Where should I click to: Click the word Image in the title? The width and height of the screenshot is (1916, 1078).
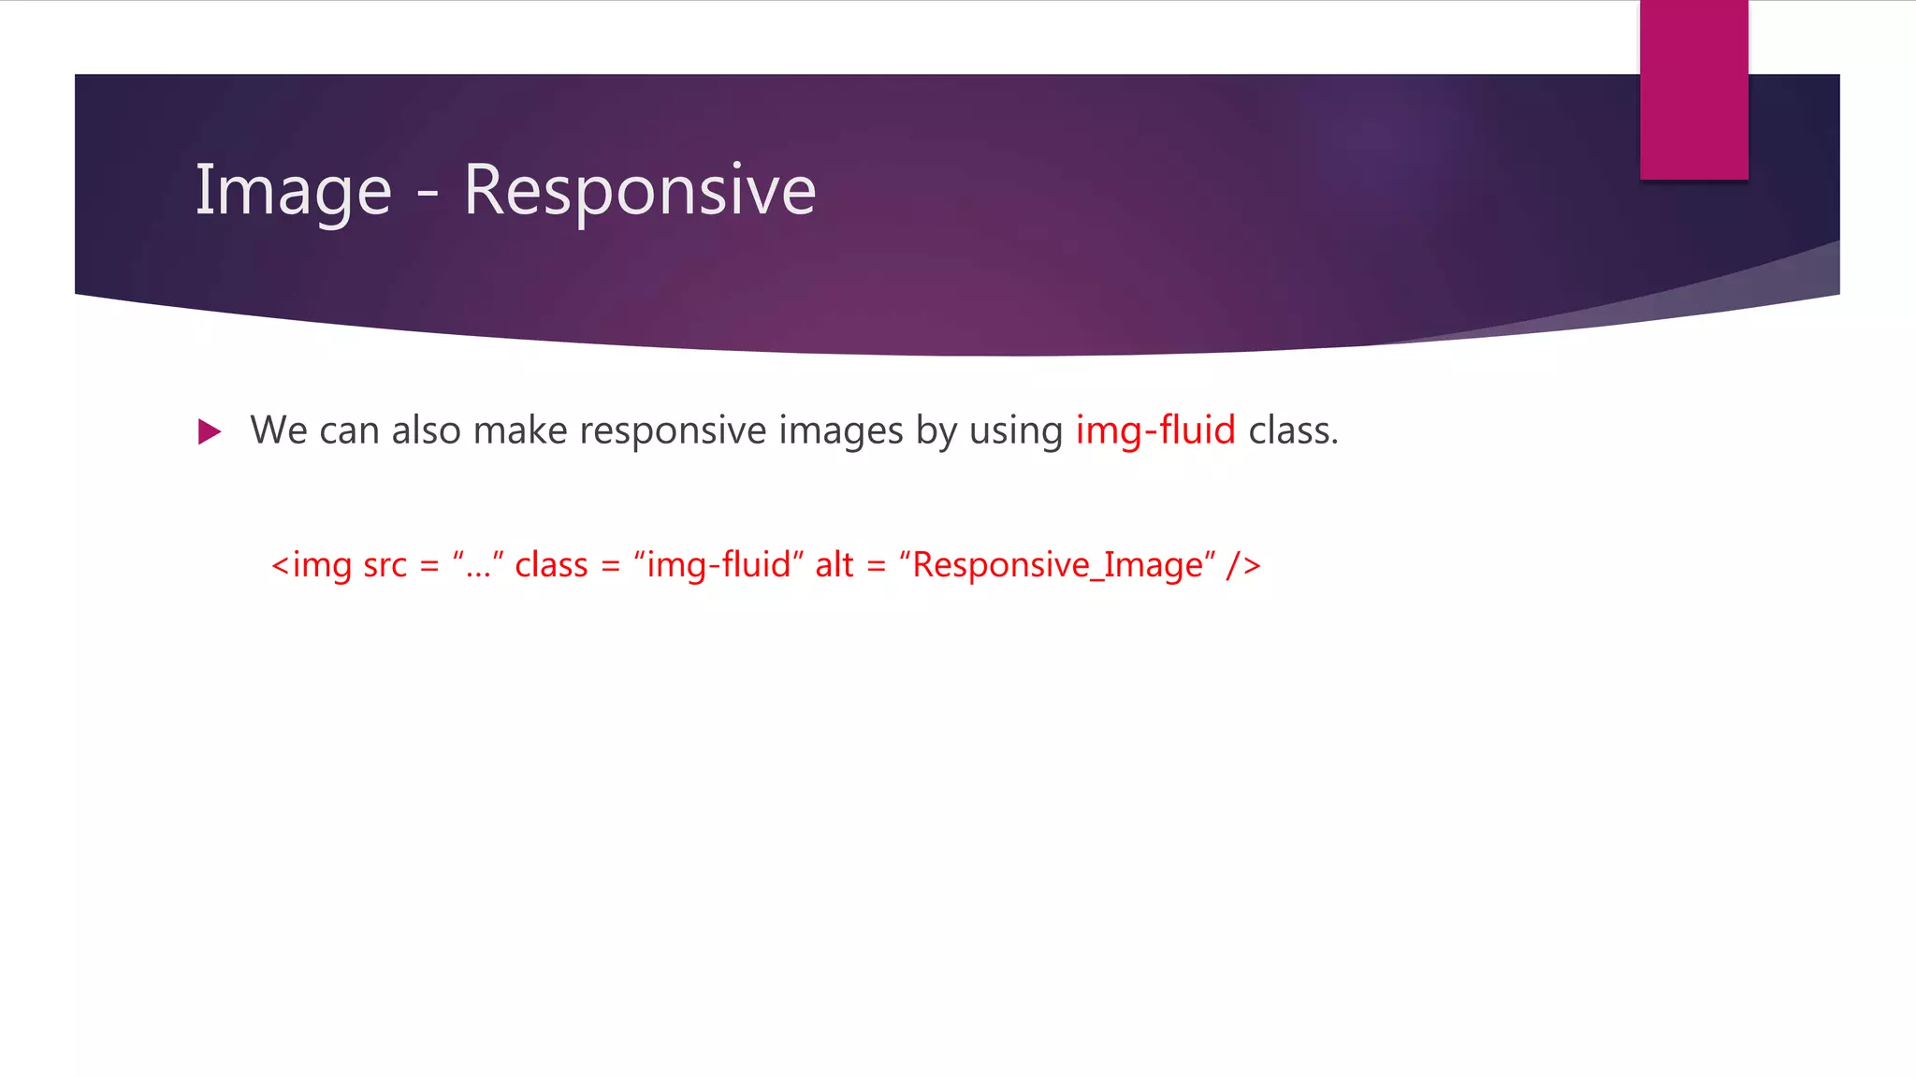click(x=293, y=191)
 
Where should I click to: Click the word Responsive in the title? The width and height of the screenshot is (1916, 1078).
click(x=640, y=191)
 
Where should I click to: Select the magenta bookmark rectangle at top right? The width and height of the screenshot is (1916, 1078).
click(x=1693, y=90)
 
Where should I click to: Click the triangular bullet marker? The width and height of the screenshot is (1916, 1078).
click(x=210, y=431)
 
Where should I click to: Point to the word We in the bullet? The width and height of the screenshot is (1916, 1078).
click(x=278, y=430)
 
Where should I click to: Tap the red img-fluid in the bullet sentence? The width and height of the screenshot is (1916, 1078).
click(x=1155, y=430)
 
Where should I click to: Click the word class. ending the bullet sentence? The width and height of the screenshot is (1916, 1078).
click(x=1293, y=430)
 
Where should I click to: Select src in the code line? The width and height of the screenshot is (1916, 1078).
click(x=385, y=565)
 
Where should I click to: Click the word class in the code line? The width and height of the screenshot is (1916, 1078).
click(x=551, y=565)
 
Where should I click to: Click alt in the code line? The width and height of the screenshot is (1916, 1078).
click(x=834, y=565)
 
